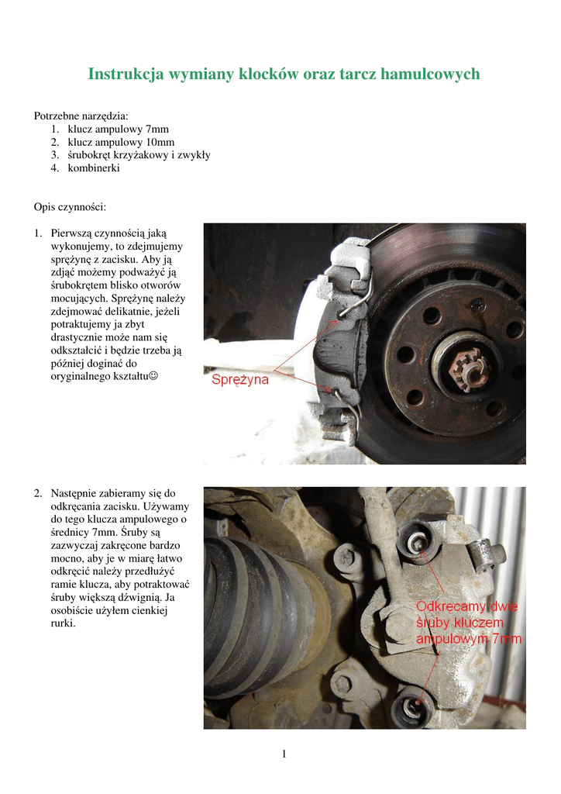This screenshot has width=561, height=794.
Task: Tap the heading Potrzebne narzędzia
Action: tap(81, 116)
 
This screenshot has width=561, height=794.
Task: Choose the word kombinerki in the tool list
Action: tap(94, 168)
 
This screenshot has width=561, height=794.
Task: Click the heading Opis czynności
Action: tap(70, 207)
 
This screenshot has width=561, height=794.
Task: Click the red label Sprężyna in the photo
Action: tap(241, 381)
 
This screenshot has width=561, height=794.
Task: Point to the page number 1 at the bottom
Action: tap(284, 754)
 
